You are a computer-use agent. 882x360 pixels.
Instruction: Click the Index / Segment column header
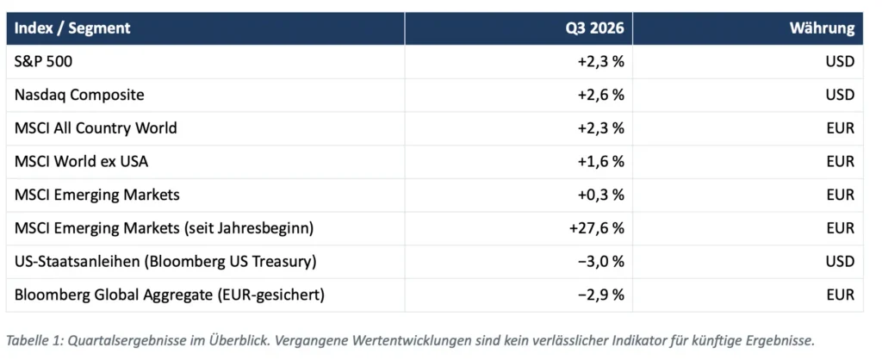tap(72, 28)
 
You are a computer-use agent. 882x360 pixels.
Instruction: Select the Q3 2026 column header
tap(595, 28)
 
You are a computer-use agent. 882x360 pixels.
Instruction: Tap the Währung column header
tap(822, 28)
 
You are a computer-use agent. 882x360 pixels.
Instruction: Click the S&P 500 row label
tap(43, 61)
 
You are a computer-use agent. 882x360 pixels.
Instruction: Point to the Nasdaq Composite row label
tap(79, 95)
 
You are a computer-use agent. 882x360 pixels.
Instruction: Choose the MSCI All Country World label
tap(96, 127)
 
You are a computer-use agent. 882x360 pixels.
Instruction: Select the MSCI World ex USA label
tap(82, 161)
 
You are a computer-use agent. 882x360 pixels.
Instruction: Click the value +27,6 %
tap(597, 228)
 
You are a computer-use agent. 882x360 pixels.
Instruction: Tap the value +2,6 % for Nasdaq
tap(600, 95)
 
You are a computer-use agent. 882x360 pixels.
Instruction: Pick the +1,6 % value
tap(600, 161)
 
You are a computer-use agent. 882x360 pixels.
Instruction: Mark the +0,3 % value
tap(600, 195)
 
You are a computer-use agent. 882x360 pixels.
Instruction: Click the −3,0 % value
tap(600, 261)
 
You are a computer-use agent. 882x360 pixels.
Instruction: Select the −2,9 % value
tap(600, 295)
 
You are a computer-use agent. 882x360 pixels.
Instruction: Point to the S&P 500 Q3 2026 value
tap(600, 61)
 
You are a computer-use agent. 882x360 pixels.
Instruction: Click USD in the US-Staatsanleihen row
tap(841, 261)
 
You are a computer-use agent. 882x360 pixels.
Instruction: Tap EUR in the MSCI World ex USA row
tap(841, 161)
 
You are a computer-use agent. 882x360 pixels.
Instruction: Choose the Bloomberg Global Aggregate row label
tap(170, 295)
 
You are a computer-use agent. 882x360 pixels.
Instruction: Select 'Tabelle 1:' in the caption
tap(33, 340)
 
